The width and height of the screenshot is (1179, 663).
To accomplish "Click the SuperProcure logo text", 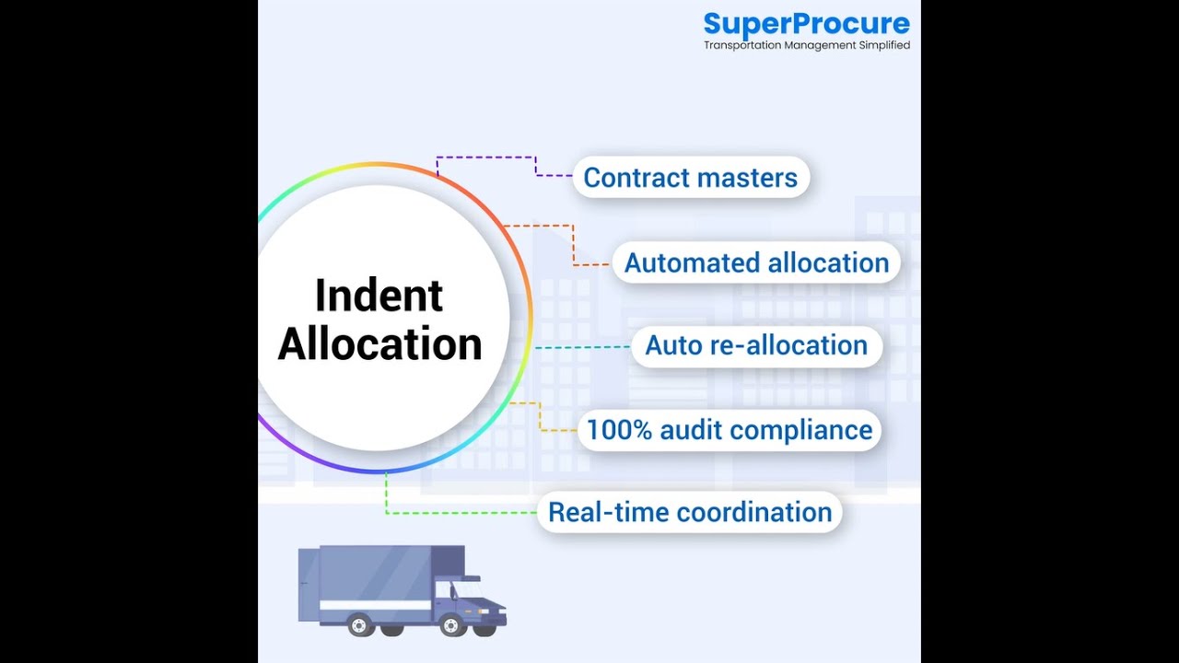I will tap(806, 24).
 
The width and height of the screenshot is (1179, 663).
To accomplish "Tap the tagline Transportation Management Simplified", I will tap(806, 45).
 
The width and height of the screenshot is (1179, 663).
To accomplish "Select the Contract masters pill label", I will tap(691, 177).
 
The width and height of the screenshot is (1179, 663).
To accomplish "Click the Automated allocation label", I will tap(756, 262).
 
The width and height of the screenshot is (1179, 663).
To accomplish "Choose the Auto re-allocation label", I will tap(756, 345).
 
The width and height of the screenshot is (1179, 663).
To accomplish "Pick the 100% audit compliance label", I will tap(729, 429).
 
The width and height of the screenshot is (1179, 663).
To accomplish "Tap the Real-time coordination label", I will tap(690, 512).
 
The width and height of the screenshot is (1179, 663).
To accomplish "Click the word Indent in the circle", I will tap(379, 296).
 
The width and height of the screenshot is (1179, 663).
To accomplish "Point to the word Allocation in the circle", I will tap(379, 343).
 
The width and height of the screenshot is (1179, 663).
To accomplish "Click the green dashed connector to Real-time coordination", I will tap(461, 512).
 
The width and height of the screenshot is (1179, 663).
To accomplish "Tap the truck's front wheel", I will tap(452, 625).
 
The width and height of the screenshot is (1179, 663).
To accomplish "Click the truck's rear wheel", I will tap(359, 625).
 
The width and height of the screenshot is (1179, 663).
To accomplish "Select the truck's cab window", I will tap(465, 589).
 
